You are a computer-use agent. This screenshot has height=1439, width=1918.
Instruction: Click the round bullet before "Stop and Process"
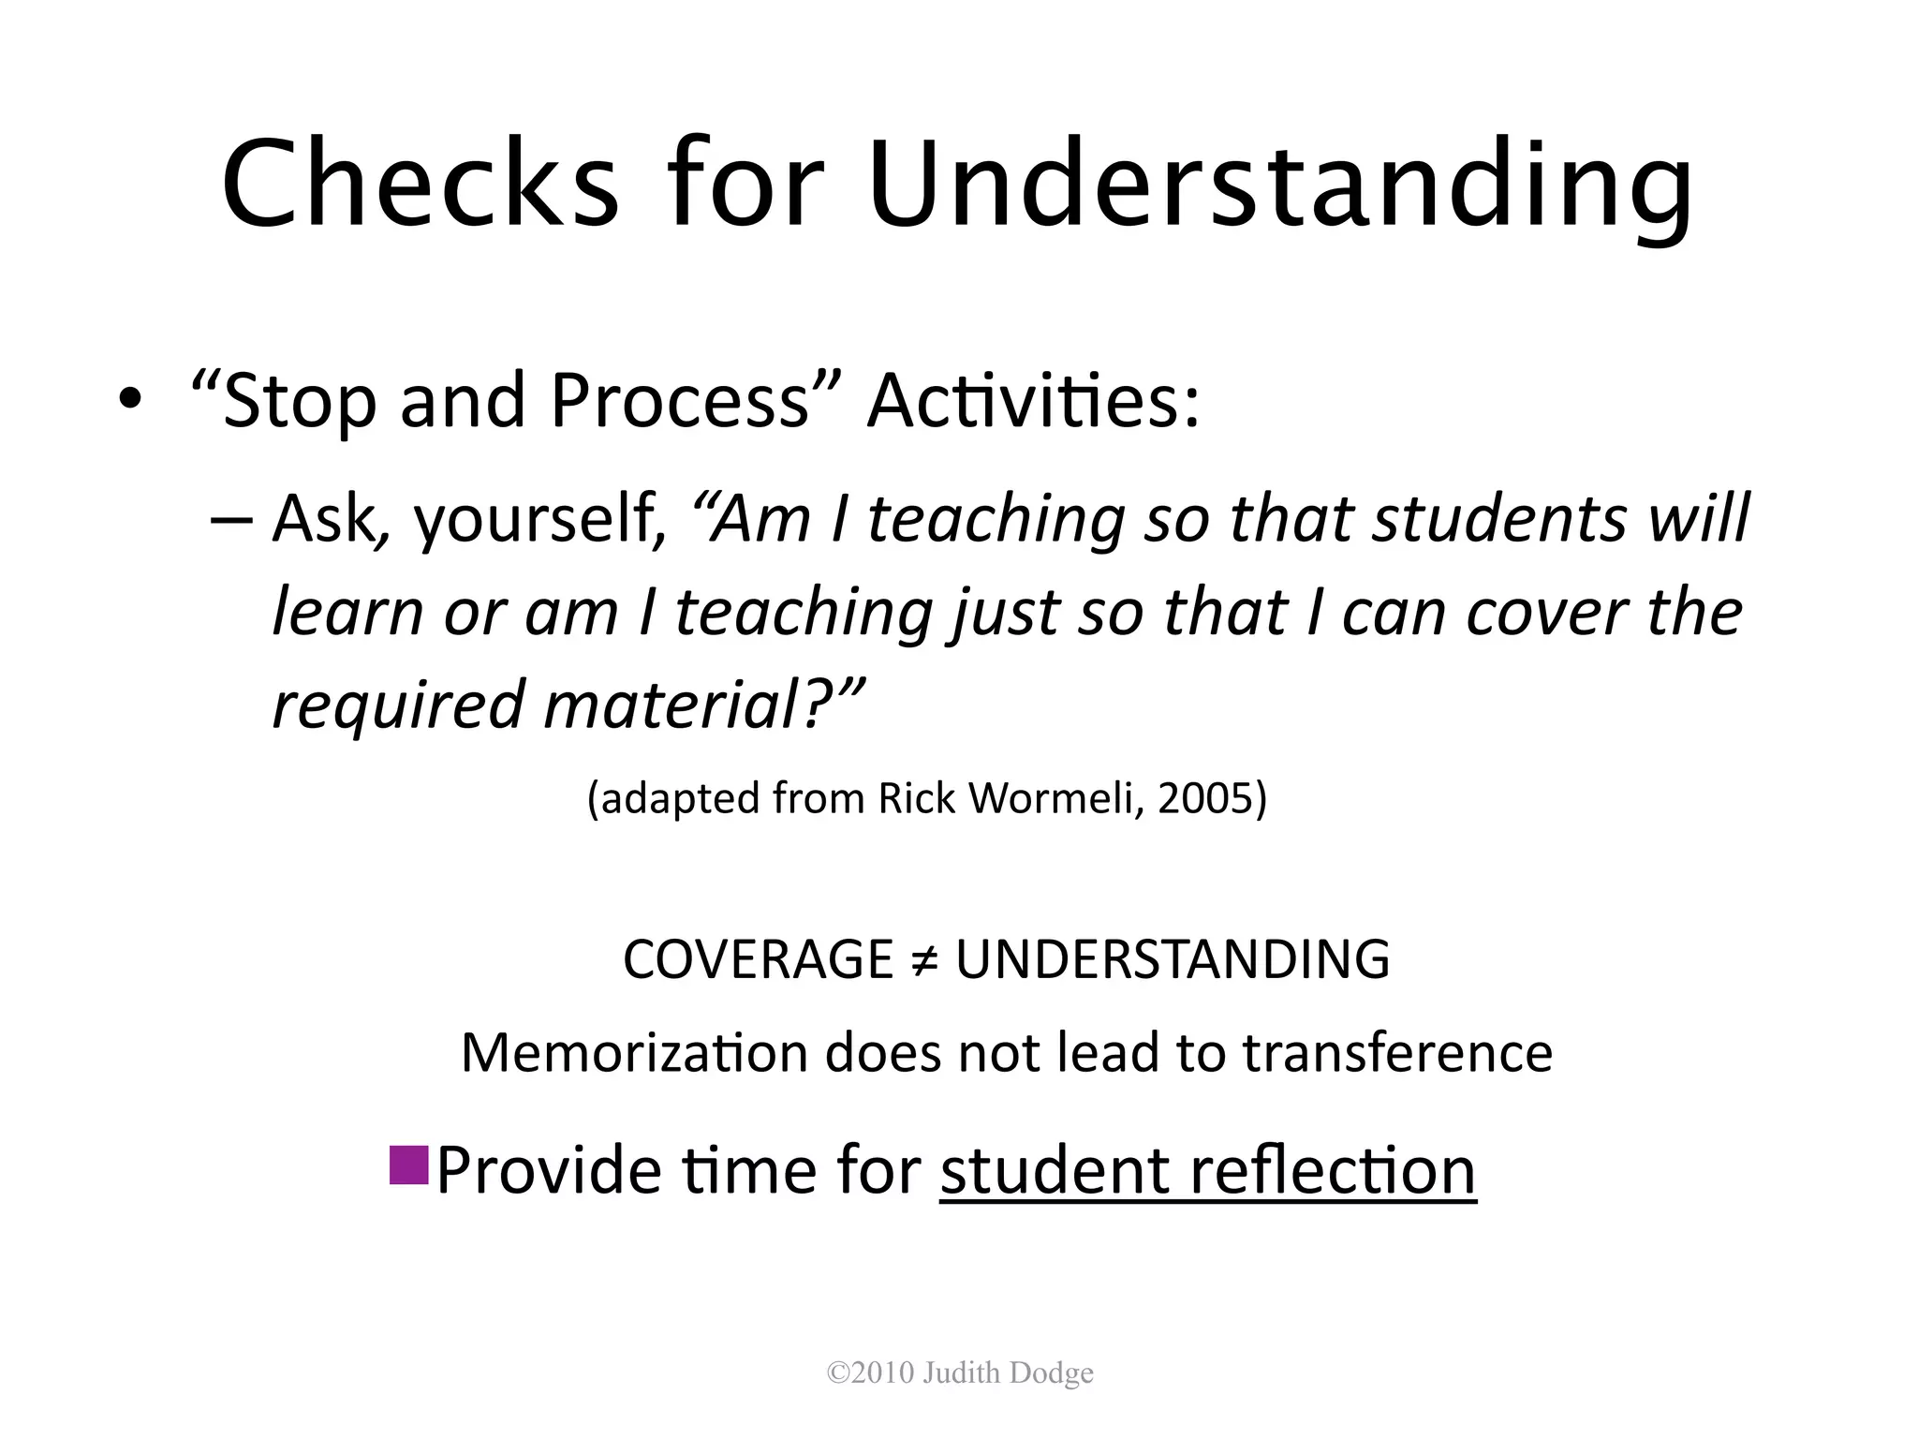(x=130, y=400)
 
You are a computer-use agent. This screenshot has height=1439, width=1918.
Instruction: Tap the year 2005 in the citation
(x=1210, y=798)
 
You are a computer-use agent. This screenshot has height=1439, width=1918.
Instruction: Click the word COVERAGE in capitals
(x=758, y=959)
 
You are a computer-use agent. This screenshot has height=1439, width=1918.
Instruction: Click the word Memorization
(x=634, y=1053)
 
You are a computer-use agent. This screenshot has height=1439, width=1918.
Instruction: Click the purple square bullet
(x=408, y=1165)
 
